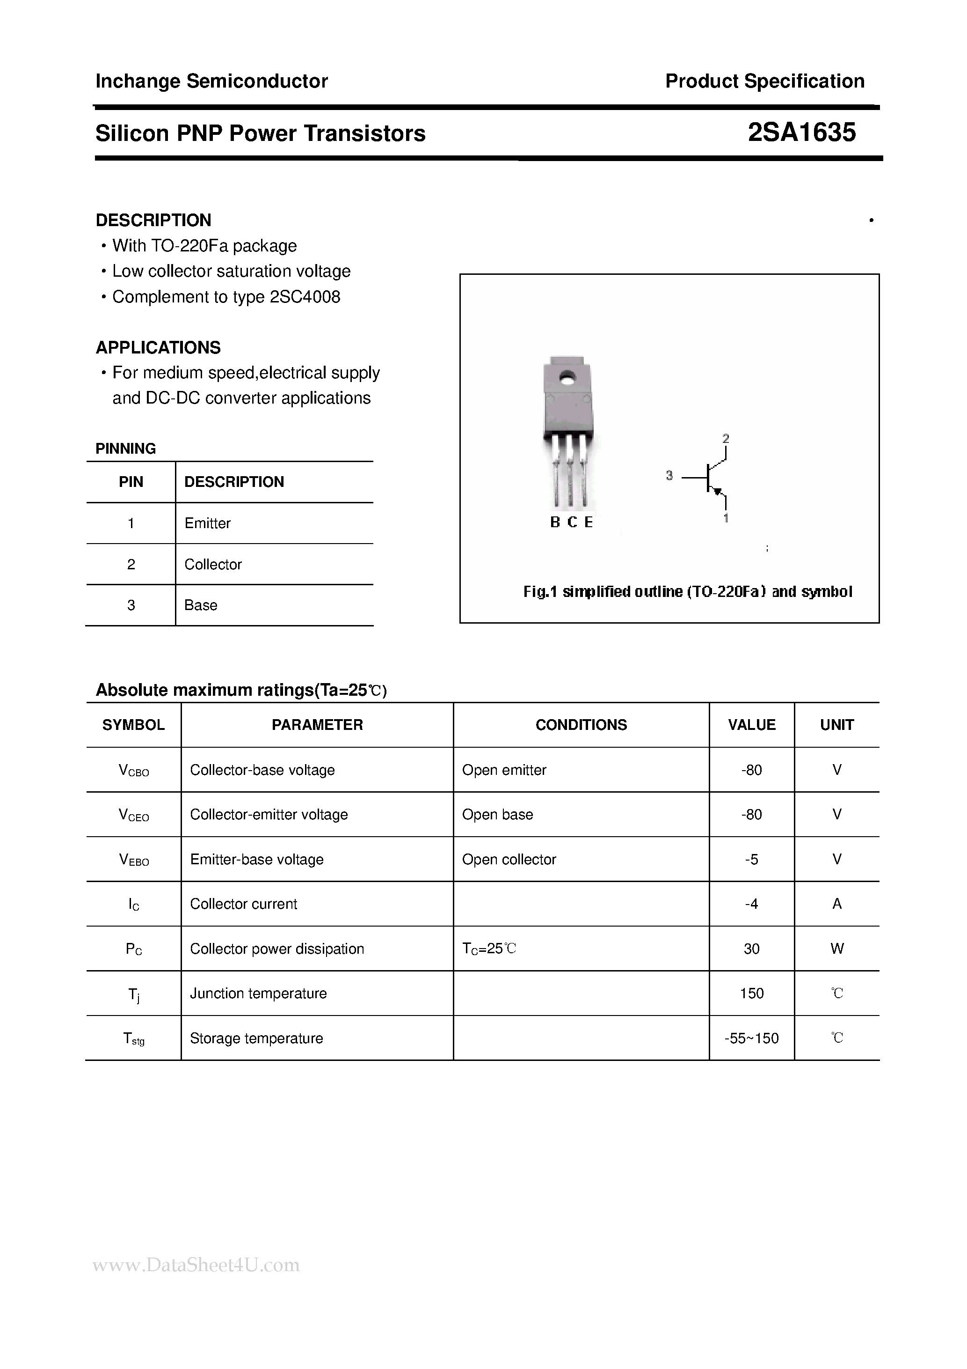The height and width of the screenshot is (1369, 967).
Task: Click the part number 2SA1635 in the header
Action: pos(801,132)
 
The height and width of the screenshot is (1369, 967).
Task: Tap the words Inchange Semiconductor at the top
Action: pos(211,81)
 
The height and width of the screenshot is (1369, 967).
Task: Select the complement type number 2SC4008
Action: pos(305,297)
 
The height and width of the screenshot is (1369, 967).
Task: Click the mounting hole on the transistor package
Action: pos(567,376)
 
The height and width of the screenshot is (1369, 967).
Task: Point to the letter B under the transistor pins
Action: pos(555,523)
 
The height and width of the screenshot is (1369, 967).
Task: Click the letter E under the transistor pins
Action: pos(589,523)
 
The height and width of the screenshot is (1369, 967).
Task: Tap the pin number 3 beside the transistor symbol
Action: pos(669,476)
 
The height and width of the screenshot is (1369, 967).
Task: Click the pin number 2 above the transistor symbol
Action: pos(726,438)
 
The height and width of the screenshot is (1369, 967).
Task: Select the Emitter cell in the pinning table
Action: pos(207,523)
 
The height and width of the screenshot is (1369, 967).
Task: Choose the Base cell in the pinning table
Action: pos(201,605)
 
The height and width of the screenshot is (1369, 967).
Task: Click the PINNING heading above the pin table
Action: pos(126,449)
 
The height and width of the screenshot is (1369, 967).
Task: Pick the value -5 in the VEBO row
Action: pos(751,859)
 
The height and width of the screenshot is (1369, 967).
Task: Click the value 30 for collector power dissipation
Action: pos(751,949)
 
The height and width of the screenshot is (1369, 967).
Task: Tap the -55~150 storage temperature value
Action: pos(751,1038)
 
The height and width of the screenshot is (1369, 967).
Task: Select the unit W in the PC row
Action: pos(836,949)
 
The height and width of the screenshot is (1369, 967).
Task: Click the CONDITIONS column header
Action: pos(581,725)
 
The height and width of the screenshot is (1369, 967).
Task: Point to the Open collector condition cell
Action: pos(509,859)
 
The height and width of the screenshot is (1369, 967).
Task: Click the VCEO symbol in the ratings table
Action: pos(134,815)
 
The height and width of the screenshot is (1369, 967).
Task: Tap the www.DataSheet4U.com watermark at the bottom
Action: pos(196,1265)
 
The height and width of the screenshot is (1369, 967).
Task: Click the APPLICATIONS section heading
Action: pos(159,347)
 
